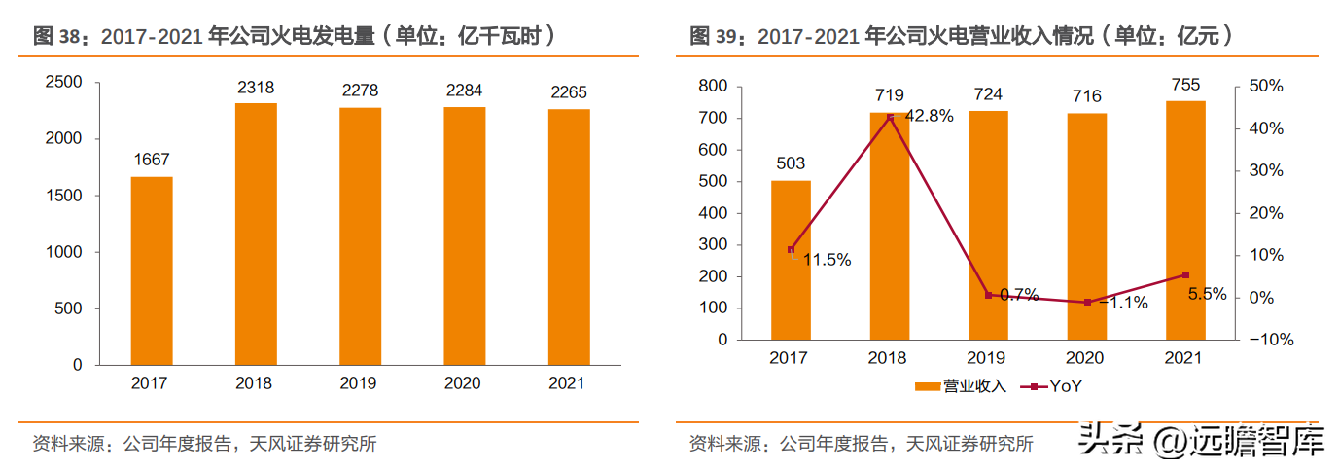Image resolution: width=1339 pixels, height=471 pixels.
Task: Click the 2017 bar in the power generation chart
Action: tap(152, 271)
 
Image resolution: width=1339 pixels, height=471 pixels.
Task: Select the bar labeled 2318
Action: tap(256, 234)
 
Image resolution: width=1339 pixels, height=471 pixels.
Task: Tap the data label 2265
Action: tap(569, 92)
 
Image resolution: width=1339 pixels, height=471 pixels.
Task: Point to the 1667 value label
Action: tap(152, 160)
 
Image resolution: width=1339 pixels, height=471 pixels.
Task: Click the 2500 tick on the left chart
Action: tap(63, 82)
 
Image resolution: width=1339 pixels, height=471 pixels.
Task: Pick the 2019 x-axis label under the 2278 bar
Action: tap(358, 383)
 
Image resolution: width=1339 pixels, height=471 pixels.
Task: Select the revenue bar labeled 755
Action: tap(1185, 220)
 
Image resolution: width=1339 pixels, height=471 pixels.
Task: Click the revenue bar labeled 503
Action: tap(791, 261)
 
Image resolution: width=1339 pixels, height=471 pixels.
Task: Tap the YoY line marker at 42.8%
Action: tap(890, 118)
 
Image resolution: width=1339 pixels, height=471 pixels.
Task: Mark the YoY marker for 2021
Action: tap(1185, 274)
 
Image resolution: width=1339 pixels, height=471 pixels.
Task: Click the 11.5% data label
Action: tap(827, 260)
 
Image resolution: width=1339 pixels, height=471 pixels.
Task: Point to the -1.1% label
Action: tap(1123, 303)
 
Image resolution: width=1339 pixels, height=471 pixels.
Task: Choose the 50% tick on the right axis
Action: tap(1266, 86)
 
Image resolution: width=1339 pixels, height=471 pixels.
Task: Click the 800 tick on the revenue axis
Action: tap(713, 86)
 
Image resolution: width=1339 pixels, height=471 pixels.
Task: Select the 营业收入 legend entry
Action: tap(961, 386)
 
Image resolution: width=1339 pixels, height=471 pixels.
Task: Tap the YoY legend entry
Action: tap(1051, 386)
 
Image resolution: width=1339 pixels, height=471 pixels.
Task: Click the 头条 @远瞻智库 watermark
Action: tap(1201, 441)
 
